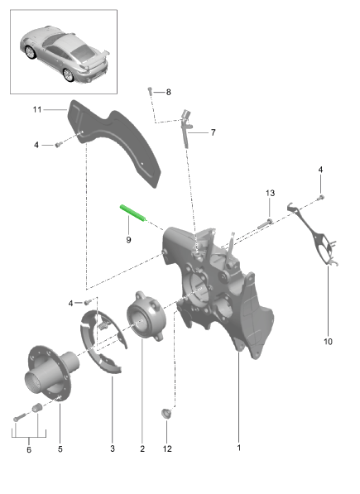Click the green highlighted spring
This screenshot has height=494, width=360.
tap(133, 213)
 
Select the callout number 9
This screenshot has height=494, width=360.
tap(128, 240)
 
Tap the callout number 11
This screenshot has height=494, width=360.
tap(37, 109)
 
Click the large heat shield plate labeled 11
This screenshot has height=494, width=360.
tap(115, 142)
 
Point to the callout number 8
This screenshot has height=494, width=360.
tap(169, 92)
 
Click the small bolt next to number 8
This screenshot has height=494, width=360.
tap(150, 91)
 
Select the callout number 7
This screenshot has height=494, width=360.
tap(214, 132)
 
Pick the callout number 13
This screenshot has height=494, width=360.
tap(271, 193)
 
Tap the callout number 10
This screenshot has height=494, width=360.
tap(328, 342)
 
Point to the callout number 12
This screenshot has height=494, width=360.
tap(167, 449)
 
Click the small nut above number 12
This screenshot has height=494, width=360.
tap(166, 413)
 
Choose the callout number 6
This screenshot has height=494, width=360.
tap(29, 449)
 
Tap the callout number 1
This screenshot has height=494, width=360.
tap(238, 448)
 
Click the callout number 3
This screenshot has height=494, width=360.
tap(113, 448)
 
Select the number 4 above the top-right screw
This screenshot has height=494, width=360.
tap(320, 170)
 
